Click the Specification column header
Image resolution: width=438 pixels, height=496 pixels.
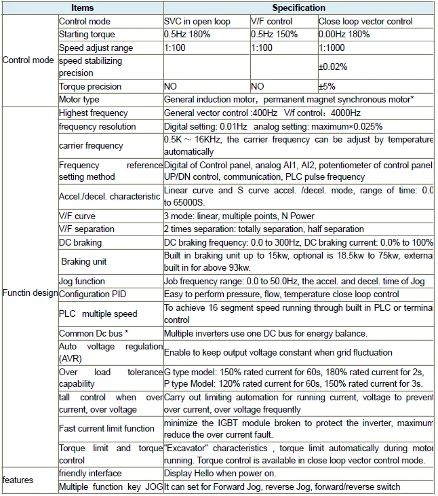pyautogui.click(x=298, y=8)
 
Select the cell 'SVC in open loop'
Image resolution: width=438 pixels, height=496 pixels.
pyautogui.click(x=197, y=22)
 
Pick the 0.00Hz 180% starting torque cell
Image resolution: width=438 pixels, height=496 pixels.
pyautogui.click(x=344, y=34)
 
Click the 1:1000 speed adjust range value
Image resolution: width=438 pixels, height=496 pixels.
pyautogui.click(x=331, y=48)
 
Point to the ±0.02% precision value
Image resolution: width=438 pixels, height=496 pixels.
pyautogui.click(x=333, y=67)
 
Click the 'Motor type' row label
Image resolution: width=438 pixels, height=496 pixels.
pyautogui.click(x=79, y=100)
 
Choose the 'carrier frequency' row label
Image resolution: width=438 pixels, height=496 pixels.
pyautogui.click(x=91, y=145)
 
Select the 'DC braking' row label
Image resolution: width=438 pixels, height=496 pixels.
pyautogui.click(x=80, y=242)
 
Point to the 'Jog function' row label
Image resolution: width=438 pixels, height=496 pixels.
pyautogui.click(x=82, y=281)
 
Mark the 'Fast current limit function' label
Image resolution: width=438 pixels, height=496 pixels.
pyautogui.click(x=106, y=429)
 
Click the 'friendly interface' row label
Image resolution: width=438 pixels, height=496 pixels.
pyautogui.click(x=90, y=473)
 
